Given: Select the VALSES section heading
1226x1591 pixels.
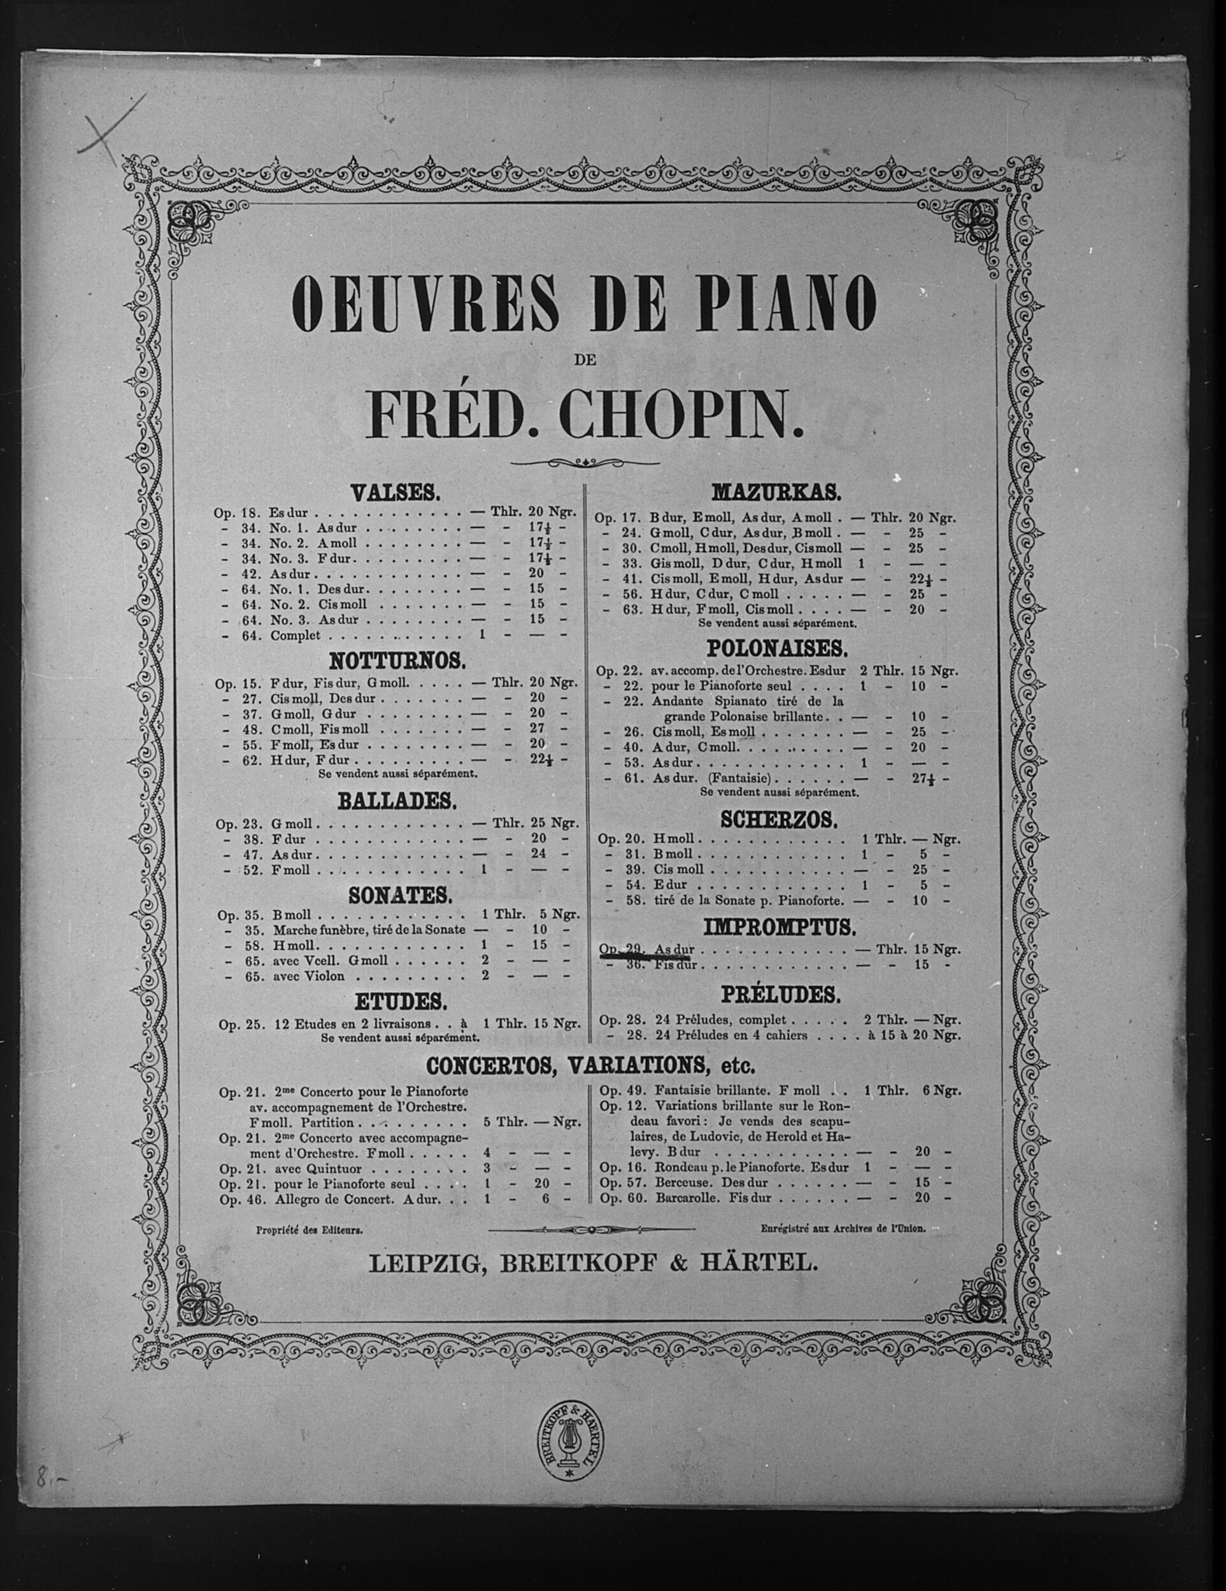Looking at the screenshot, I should click(395, 494).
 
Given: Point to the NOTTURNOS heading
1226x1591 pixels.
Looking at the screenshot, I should click(397, 661).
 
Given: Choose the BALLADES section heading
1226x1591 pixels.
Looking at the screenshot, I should click(397, 801).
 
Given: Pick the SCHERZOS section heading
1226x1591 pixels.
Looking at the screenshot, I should click(777, 820).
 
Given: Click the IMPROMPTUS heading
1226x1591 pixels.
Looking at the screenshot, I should click(777, 927).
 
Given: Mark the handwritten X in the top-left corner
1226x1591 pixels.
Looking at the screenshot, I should click(106, 131).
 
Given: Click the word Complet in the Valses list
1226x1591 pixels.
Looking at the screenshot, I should click(296, 635).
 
